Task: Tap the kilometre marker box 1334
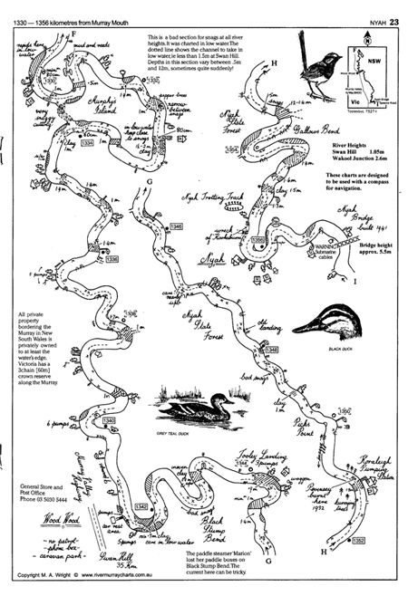pos(87,143)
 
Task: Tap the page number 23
pos(394,10)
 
